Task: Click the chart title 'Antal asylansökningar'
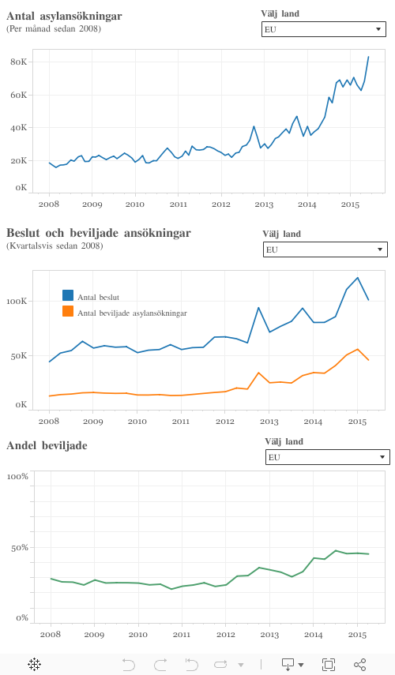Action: [64, 16]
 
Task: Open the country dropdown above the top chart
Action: [323, 29]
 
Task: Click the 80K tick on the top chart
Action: [19, 62]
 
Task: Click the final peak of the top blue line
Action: [368, 57]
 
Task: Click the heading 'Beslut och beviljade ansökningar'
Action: [98, 233]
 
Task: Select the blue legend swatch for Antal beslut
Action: [68, 296]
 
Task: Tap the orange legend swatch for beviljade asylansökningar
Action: [68, 312]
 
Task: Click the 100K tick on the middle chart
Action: [17, 302]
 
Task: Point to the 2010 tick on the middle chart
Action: [137, 421]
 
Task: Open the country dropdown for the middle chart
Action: [325, 249]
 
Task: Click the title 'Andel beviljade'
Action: [47, 446]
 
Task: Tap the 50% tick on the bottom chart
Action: [18, 547]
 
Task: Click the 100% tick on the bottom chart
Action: [17, 476]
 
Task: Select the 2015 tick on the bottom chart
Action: [357, 634]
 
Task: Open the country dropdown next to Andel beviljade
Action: [327, 457]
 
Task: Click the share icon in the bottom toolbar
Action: [360, 665]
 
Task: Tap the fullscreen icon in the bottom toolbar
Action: [329, 665]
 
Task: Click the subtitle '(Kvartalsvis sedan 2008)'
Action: [55, 246]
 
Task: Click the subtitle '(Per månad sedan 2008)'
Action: [54, 29]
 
